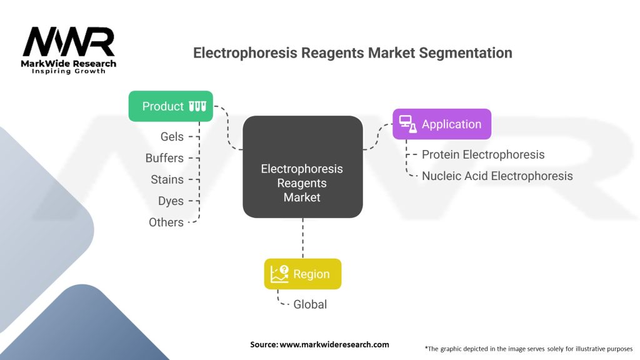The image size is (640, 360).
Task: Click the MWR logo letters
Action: click(69, 42)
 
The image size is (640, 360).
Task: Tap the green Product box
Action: click(171, 106)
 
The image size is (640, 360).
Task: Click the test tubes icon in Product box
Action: click(197, 106)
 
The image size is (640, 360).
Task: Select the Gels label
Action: click(172, 137)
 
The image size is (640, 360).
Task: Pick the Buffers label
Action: click(164, 158)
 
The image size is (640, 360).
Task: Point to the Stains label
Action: click(167, 179)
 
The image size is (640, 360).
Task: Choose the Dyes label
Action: click(171, 201)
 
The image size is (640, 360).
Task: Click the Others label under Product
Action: click(166, 222)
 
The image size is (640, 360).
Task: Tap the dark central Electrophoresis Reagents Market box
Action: click(302, 167)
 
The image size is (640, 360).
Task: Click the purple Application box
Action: click(442, 124)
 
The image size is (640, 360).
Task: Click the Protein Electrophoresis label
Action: click(483, 154)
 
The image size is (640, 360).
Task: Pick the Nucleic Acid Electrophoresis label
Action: click(497, 176)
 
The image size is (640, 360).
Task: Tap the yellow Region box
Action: click(302, 274)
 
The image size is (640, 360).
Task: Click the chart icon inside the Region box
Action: click(279, 274)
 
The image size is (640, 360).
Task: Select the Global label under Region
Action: click(310, 304)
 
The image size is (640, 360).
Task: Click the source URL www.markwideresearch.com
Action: click(334, 344)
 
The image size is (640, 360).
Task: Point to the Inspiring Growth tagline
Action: click(69, 71)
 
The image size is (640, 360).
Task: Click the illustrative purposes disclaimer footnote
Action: click(529, 348)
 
